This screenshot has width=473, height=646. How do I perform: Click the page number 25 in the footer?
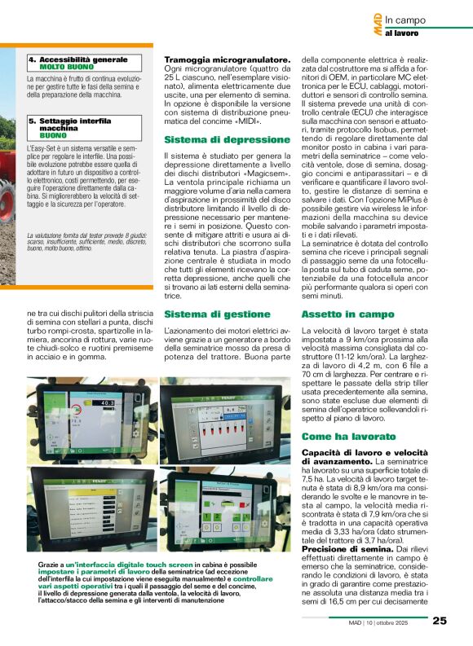[x=440, y=620]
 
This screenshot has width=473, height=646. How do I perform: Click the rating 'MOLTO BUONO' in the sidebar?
[x=66, y=66]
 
